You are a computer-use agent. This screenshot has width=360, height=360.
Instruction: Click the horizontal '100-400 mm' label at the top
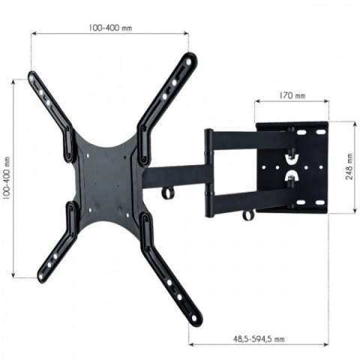(x=109, y=28)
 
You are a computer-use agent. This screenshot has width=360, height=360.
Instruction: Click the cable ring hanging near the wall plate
(x=248, y=214)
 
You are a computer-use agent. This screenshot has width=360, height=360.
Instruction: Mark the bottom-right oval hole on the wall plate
(x=318, y=202)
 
